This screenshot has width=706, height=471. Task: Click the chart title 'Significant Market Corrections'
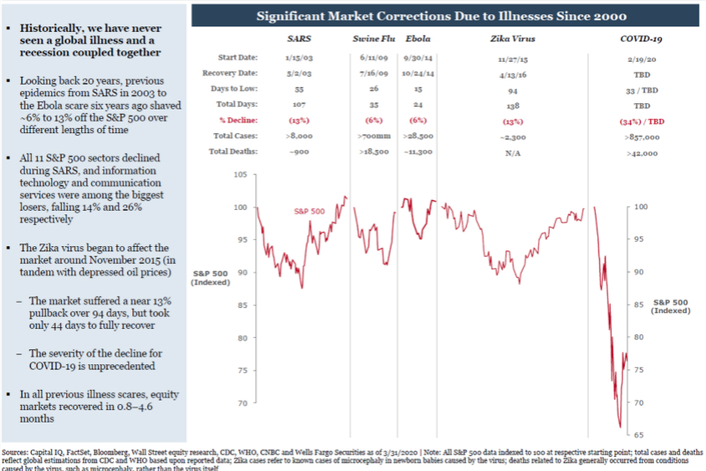coord(441,16)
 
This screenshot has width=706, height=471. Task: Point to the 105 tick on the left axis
coord(239,175)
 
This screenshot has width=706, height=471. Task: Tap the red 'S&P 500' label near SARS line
coord(310,212)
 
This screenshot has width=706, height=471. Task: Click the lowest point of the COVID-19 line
coord(620,427)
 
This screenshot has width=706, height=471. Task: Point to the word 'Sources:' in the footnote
coord(17,449)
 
